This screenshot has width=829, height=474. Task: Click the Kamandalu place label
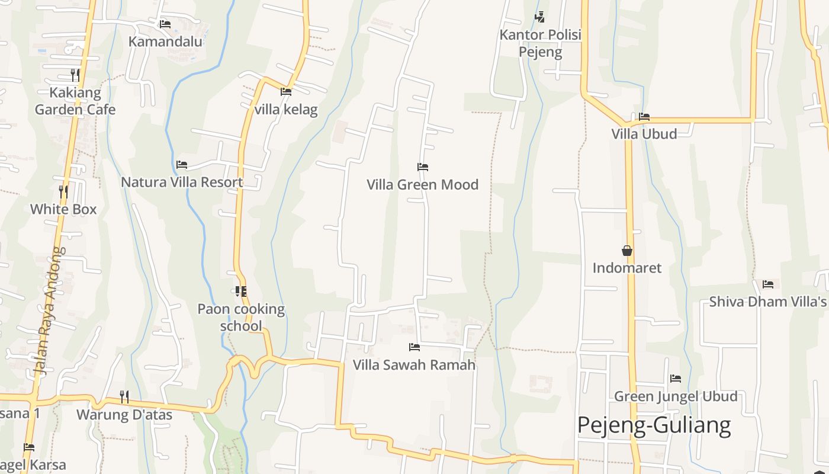tap(165, 41)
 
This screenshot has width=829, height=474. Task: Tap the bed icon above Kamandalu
tap(165, 24)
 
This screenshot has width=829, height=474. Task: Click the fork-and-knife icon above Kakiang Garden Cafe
tap(75, 75)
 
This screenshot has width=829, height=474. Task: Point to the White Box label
tap(63, 209)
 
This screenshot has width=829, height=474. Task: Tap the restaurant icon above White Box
tap(63, 191)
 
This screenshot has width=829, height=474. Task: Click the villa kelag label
tap(286, 110)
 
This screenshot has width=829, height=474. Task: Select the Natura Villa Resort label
tap(182, 182)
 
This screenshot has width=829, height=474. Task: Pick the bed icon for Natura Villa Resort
tap(182, 164)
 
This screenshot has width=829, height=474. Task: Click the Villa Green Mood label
tap(422, 185)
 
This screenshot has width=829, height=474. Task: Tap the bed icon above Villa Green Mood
tap(422, 167)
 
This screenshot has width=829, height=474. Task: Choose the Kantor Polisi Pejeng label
tap(540, 43)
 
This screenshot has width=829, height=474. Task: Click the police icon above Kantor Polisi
tap(539, 17)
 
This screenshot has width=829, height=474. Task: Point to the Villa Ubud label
tap(644, 134)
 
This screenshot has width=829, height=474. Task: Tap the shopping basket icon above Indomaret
tap(627, 251)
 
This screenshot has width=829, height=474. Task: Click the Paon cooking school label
tap(241, 318)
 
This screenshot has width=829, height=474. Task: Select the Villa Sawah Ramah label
tap(414, 364)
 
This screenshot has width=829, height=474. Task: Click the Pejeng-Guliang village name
tap(654, 425)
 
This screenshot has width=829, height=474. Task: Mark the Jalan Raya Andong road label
tap(49, 310)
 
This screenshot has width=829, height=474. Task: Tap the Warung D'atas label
tap(124, 415)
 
